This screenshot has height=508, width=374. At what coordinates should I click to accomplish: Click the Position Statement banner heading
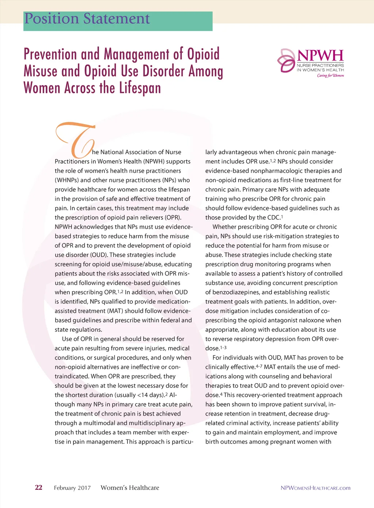click(x=87, y=19)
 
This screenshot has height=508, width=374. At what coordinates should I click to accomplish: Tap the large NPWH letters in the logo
click(x=320, y=55)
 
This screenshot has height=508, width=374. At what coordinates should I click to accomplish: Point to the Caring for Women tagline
click(x=330, y=76)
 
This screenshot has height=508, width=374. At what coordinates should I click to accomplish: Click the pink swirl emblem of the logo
click(x=286, y=60)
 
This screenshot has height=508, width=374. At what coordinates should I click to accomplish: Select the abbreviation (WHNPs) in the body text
click(x=67, y=180)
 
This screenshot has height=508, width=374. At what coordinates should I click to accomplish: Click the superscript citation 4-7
click(x=259, y=366)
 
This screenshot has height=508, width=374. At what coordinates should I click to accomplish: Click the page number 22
click(x=38, y=488)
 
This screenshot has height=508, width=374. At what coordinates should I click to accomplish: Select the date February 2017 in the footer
click(x=72, y=488)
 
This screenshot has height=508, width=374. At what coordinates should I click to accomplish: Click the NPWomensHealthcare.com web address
click(x=315, y=488)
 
